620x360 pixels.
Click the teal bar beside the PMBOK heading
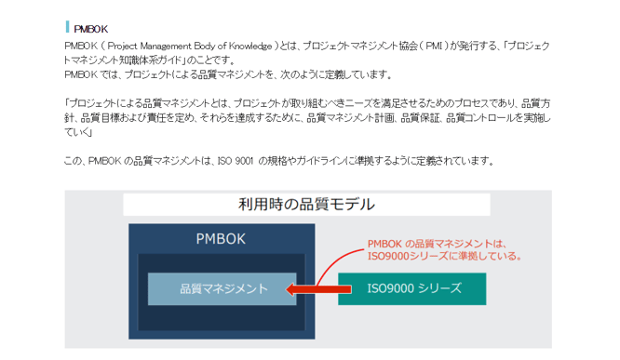[67, 27]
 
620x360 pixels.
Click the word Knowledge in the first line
[249, 45]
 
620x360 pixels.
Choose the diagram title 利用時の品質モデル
[308, 204]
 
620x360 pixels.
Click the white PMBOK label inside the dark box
[221, 238]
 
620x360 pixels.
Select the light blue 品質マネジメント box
[222, 289]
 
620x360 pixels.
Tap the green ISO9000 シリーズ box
[411, 289]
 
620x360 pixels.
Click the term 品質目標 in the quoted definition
[101, 117]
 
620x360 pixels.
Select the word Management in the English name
[173, 45]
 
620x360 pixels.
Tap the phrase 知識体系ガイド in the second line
[152, 59]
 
